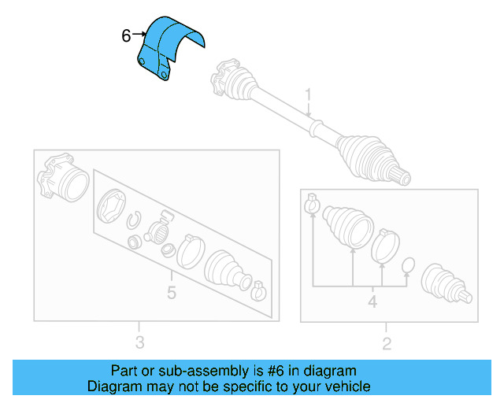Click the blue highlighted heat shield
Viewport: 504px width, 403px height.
click(x=167, y=47)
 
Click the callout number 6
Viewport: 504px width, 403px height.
click(x=126, y=35)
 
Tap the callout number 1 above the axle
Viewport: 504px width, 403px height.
click(x=309, y=94)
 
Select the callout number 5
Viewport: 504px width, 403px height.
click(x=171, y=294)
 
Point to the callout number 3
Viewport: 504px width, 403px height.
click(x=139, y=342)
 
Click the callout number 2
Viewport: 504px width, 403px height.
click(x=387, y=342)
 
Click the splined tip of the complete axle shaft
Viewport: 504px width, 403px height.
click(x=402, y=176)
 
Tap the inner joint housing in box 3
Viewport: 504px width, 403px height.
click(x=63, y=179)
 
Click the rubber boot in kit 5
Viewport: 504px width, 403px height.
click(x=226, y=272)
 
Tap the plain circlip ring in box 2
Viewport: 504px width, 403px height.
click(x=408, y=265)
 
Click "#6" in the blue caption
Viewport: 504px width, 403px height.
click(x=279, y=370)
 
